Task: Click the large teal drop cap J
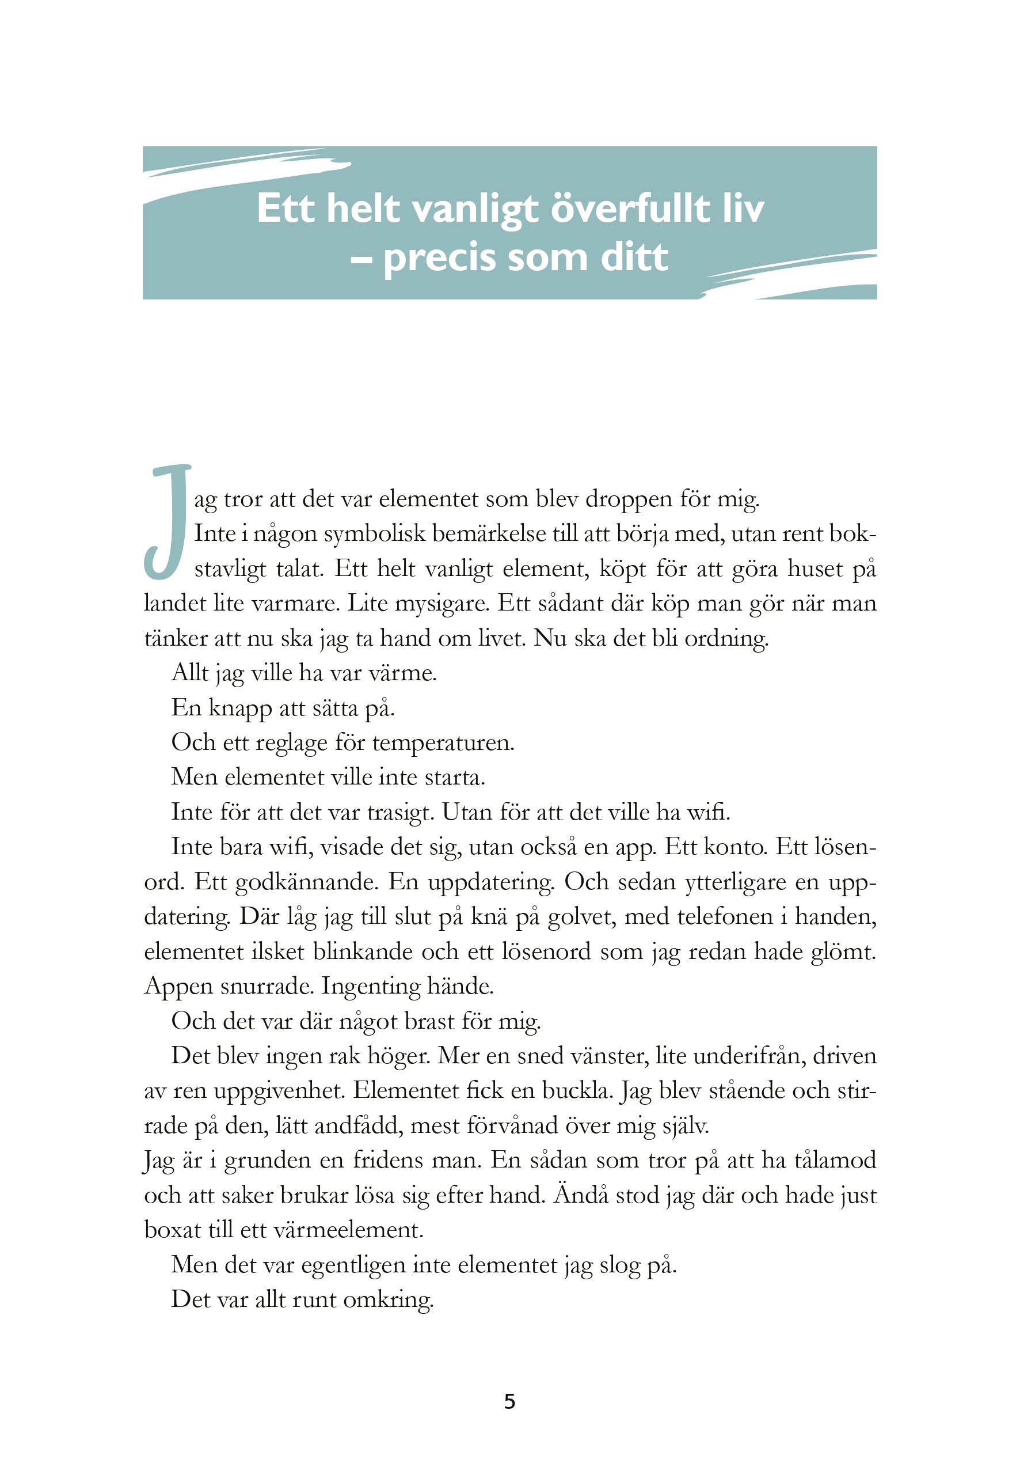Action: (167, 521)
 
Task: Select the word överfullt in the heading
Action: (630, 209)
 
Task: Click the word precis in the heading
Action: (439, 258)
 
